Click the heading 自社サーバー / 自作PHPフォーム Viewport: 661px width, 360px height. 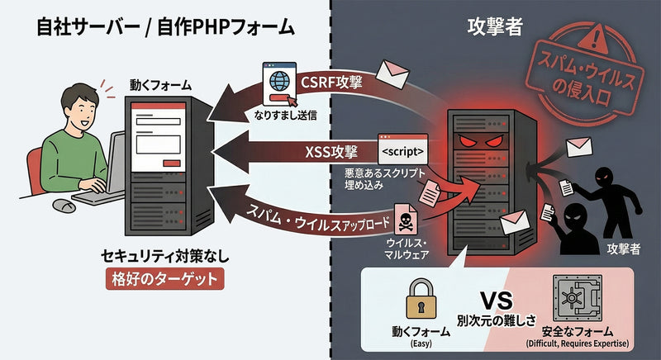165,26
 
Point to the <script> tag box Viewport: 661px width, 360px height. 403,152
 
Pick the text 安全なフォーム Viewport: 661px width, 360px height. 578,331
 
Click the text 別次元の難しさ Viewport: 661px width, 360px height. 492,318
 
